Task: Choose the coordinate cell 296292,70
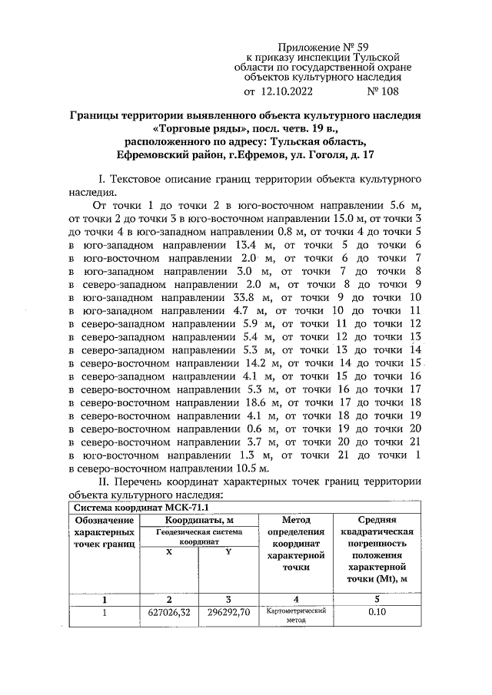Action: [x=228, y=613]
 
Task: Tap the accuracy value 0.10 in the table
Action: [x=376, y=613]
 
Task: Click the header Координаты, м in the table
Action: [x=199, y=521]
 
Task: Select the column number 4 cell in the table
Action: [x=295, y=599]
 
